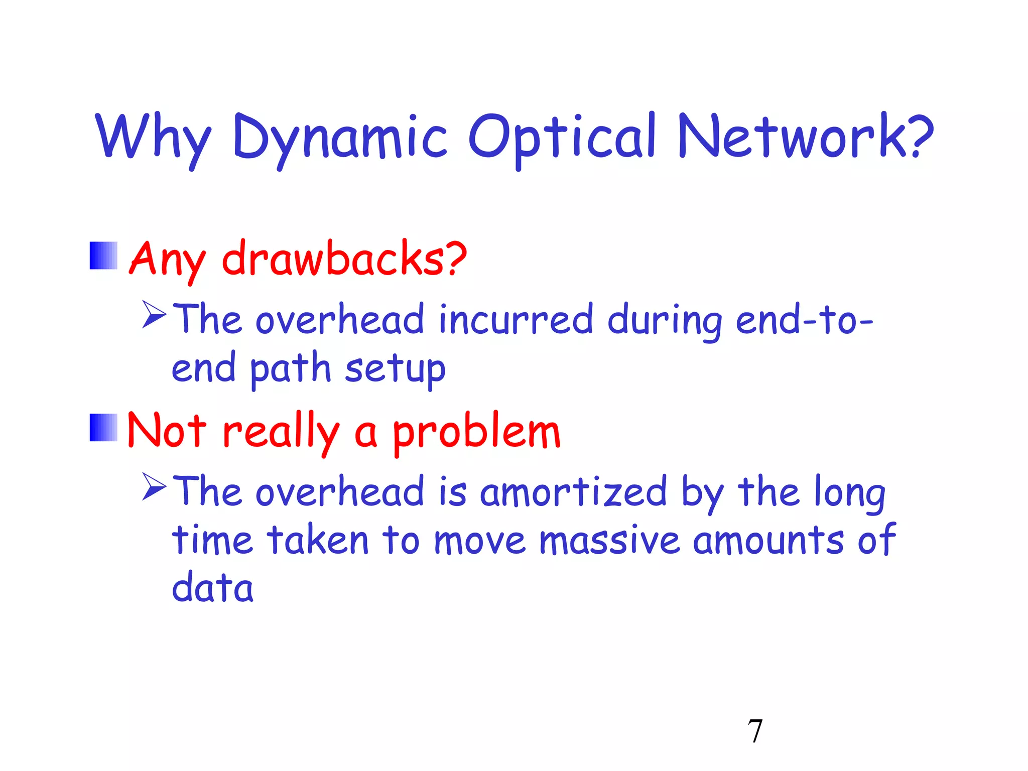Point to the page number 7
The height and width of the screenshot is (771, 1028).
point(755,731)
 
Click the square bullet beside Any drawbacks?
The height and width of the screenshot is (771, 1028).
point(103,255)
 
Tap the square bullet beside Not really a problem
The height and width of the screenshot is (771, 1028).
point(103,428)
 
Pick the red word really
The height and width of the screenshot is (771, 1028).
point(280,432)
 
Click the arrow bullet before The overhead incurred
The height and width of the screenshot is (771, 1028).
point(154,314)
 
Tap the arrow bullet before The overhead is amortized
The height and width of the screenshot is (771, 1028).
point(154,486)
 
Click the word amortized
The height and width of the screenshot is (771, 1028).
point(573,492)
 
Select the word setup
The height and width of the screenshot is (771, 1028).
point(395,368)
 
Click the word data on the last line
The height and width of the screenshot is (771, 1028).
point(212,587)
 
